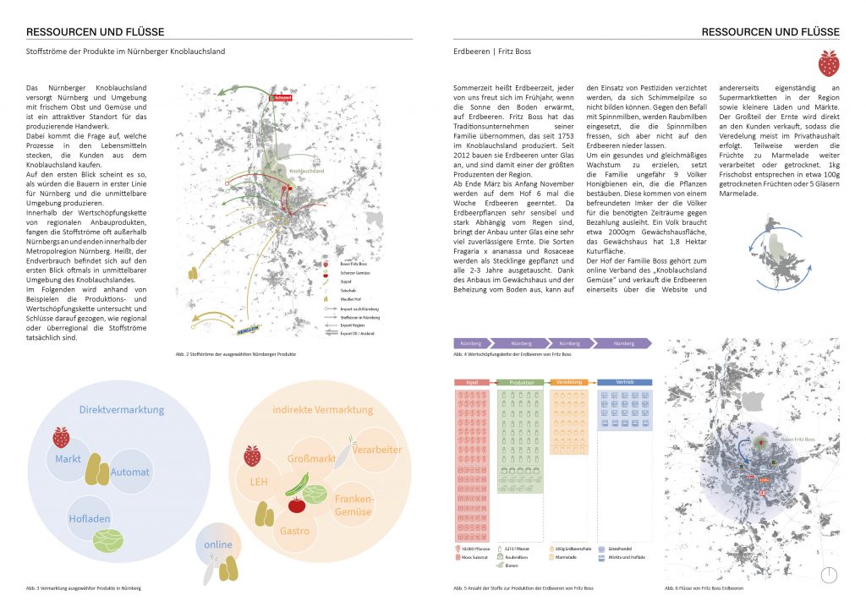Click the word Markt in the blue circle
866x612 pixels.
pos(68,459)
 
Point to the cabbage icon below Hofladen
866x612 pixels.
pos(107,540)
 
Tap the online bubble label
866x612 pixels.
pos(217,544)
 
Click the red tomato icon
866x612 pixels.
pos(297,505)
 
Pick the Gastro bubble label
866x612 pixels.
pos(294,532)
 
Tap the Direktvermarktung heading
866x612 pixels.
pos(122,410)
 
